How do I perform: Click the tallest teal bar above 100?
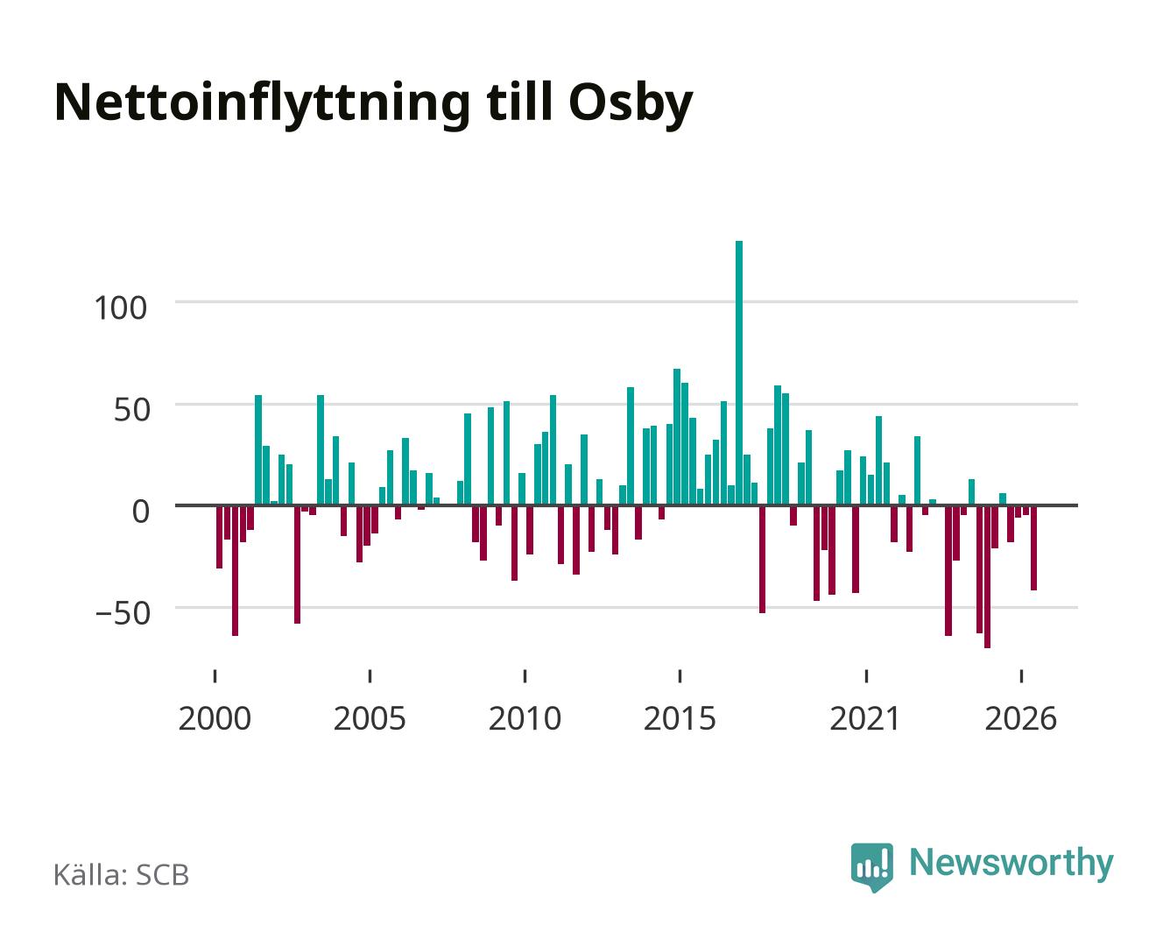point(739,372)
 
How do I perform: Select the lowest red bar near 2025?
point(987,576)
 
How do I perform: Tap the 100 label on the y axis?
point(121,307)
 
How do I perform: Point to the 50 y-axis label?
point(132,410)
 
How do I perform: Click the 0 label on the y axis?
point(141,512)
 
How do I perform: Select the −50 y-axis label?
point(123,613)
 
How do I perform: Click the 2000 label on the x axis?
point(215,718)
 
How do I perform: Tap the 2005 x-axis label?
point(370,718)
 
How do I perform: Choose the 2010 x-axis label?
point(525,718)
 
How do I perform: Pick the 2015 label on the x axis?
point(680,718)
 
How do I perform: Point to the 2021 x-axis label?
point(865,718)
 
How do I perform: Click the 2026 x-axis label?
point(1020,718)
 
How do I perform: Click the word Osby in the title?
point(631,105)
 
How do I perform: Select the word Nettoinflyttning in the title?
point(262,105)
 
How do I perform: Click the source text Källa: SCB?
point(122,875)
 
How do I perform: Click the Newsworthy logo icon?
point(871,867)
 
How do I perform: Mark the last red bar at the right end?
point(1033,547)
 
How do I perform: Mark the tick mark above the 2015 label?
point(680,676)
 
